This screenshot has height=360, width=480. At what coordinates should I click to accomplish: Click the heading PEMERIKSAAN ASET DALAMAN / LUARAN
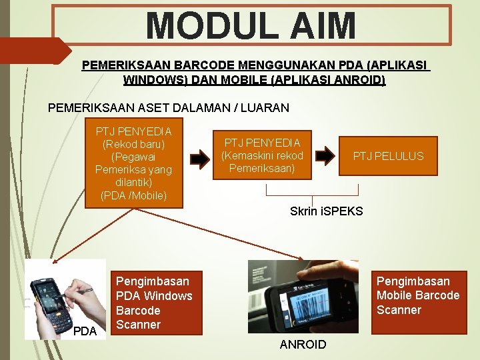tap(169, 107)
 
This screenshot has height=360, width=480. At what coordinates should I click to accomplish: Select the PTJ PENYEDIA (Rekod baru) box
tap(133, 163)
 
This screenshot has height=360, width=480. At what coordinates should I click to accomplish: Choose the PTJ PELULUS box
tap(388, 156)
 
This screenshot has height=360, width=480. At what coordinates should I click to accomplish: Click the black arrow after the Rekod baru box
tap(199, 158)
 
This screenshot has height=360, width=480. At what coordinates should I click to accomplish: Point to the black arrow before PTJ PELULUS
tap(325, 156)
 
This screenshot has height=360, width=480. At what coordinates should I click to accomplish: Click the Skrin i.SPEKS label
tap(326, 211)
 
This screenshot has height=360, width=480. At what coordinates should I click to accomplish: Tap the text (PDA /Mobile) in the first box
tap(133, 195)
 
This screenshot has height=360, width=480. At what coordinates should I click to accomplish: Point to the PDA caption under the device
tap(84, 331)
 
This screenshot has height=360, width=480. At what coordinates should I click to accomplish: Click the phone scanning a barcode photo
tap(303, 297)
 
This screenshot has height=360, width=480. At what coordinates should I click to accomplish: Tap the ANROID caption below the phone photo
tap(303, 345)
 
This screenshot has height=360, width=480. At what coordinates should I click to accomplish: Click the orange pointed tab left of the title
tap(33, 51)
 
